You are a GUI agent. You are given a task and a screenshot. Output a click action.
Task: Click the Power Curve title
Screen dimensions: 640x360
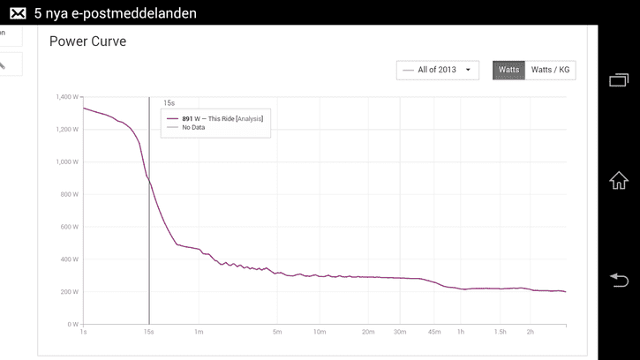[x=87, y=41]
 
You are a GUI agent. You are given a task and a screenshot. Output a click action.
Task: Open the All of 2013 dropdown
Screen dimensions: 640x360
[x=438, y=71]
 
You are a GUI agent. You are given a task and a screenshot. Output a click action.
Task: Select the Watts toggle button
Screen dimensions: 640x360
[x=508, y=71]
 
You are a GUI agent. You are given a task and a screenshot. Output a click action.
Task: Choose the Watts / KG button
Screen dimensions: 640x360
[x=550, y=71]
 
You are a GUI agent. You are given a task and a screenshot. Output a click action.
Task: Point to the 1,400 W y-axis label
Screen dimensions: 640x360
[x=67, y=97]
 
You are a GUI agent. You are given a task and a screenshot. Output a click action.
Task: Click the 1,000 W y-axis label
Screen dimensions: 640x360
[x=67, y=161]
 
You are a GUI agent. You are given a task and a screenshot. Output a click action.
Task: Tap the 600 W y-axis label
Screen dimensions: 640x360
[x=70, y=227]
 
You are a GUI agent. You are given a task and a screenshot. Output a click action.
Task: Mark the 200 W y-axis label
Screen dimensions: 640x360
[x=70, y=292]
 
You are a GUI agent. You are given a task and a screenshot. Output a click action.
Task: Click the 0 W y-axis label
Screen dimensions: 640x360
[x=73, y=325]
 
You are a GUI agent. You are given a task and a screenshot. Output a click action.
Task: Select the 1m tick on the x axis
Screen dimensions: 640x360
[x=199, y=332]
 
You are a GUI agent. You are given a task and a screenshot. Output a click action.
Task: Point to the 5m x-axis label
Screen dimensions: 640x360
[x=277, y=332]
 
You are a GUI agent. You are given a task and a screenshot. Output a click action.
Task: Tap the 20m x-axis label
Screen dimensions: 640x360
[x=368, y=332]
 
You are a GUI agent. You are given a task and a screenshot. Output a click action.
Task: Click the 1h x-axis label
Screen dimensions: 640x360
[x=461, y=332]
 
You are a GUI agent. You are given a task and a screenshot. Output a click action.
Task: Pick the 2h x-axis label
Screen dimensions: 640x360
[x=531, y=332]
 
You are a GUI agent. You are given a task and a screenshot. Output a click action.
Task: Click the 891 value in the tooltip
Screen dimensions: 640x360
[x=187, y=119]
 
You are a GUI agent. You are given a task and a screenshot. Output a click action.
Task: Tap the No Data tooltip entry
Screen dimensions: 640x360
[x=193, y=127]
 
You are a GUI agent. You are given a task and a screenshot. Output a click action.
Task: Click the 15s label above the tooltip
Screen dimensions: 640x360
[x=169, y=103]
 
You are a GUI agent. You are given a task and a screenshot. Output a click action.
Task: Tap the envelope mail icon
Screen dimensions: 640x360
[x=18, y=13]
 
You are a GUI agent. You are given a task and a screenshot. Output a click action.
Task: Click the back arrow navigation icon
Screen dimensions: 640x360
[x=619, y=280]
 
